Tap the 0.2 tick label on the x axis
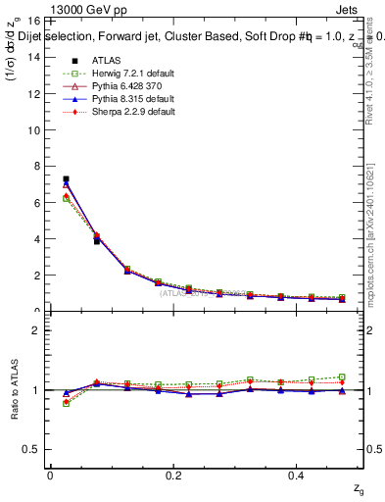pyautogui.click(x=173, y=475)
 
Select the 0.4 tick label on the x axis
pyautogui.click(x=298, y=475)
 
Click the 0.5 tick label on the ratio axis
pyautogui.click(x=30, y=449)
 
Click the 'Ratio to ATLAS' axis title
pyautogui.click(x=14, y=389)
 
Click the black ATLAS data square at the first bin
pyautogui.click(x=66, y=179)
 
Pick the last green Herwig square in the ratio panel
pyautogui.click(x=342, y=376)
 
